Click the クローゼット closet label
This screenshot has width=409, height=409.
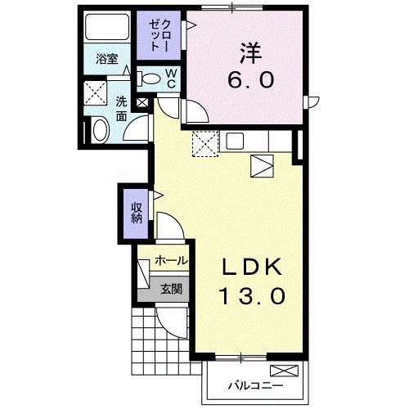coord(155,34)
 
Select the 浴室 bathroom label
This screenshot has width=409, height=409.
coord(106,59)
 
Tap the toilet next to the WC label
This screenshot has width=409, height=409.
coord(150,79)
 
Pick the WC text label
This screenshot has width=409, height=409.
coord(173,79)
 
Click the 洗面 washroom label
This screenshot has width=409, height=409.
coord(120,110)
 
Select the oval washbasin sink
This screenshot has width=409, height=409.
coord(99,130)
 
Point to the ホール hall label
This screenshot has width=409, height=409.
coord(170,261)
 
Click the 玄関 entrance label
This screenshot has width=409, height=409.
coord(170,287)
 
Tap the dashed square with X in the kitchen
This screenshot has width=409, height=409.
coord(203,144)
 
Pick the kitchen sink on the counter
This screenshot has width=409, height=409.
coord(235,141)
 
